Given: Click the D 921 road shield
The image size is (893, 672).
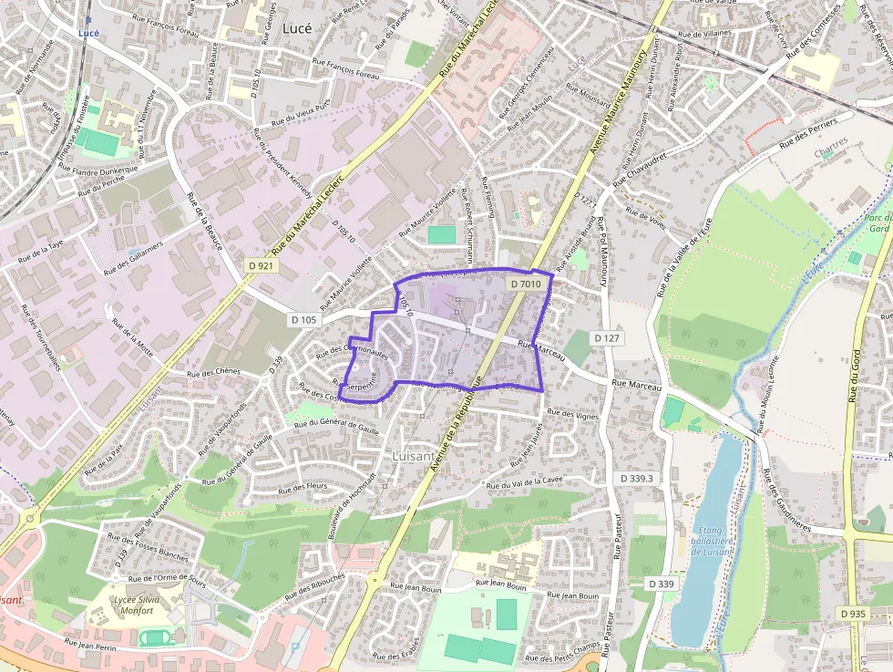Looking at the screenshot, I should coord(261,265).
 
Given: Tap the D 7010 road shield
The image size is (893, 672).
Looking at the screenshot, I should coord(527,284).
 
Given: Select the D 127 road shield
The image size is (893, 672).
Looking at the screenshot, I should coord(607,338).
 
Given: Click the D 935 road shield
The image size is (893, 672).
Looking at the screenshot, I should coord(853,614).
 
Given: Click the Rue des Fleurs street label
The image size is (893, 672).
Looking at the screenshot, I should coord(303,488).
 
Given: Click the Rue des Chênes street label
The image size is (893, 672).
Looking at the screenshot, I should coord(213,372).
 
